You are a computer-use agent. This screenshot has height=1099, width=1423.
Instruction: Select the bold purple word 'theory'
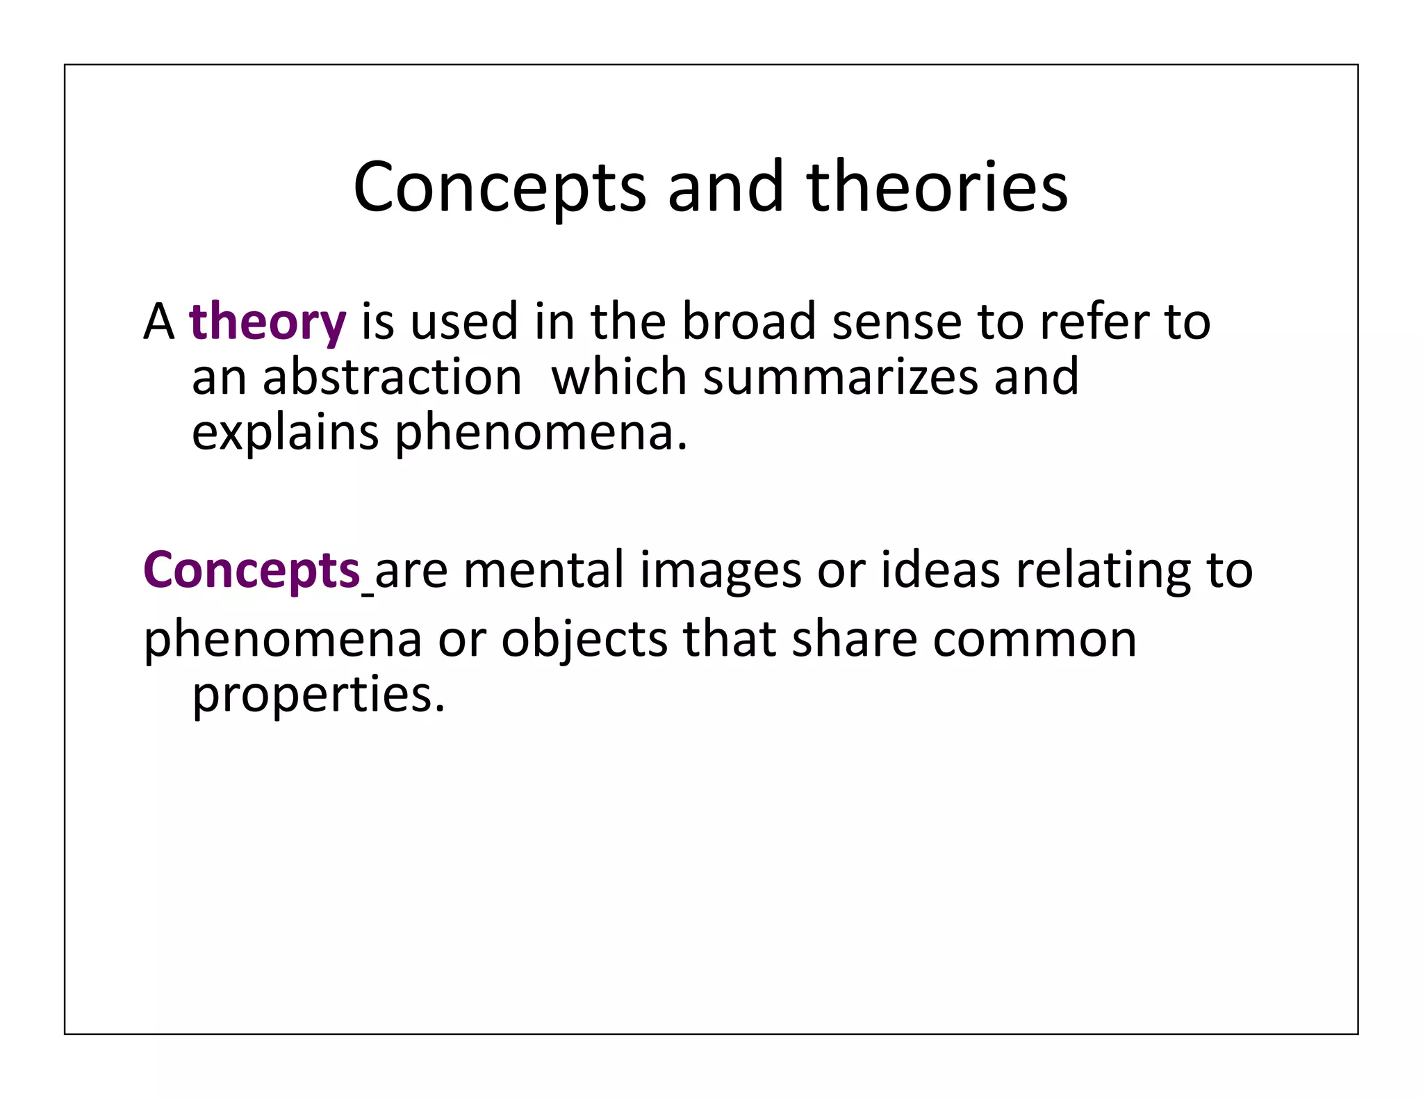[268, 322]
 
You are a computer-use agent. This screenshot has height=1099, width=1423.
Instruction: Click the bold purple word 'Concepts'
[252, 570]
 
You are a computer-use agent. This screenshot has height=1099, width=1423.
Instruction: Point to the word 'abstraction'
[392, 377]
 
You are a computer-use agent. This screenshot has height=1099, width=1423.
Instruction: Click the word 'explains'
[285, 433]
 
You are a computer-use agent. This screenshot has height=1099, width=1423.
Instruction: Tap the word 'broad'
[749, 321]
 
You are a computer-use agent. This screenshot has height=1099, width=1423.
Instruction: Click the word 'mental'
[544, 570]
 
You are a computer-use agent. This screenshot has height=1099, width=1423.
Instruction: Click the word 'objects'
[584, 639]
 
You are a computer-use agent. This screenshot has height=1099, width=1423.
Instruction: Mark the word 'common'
[1035, 639]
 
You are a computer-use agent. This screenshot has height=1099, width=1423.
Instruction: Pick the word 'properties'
[318, 695]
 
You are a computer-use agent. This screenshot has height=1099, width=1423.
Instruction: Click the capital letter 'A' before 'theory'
[158, 322]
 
